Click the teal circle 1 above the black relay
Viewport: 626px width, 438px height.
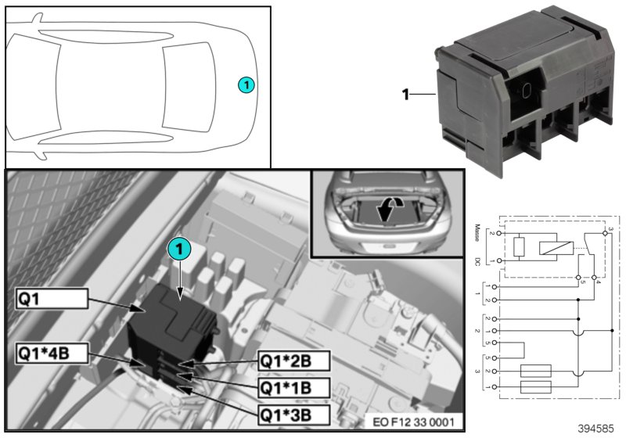(179, 250)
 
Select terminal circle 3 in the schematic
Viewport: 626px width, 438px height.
(606, 233)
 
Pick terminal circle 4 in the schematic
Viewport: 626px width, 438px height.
(595, 277)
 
